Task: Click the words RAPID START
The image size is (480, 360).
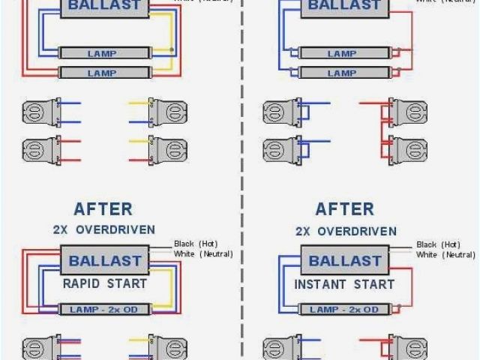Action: [x=105, y=284]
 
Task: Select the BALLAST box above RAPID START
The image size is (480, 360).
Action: [x=105, y=262]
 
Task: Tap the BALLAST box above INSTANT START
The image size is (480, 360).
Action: [x=346, y=262]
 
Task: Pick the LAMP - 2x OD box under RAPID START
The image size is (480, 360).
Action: [x=105, y=310]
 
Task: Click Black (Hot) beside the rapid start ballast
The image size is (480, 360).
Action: [x=194, y=244]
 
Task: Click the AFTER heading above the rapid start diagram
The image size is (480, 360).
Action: [x=103, y=209]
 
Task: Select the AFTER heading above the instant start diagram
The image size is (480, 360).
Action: [x=344, y=209]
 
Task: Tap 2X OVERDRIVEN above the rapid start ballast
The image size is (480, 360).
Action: [x=103, y=229]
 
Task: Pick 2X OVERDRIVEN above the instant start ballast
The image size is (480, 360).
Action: [x=345, y=229]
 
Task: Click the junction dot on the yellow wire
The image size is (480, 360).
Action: [x=174, y=50]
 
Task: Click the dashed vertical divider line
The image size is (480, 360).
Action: [x=242, y=180]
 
